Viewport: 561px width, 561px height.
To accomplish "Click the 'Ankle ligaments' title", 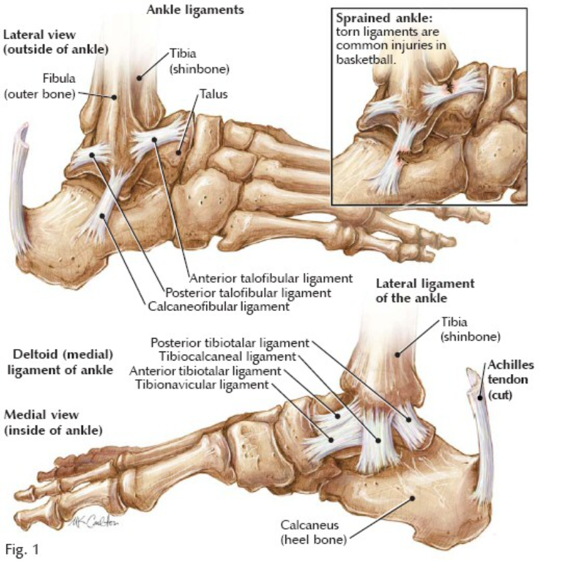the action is click(x=195, y=10).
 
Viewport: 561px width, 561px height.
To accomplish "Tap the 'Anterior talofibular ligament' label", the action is click(x=271, y=278).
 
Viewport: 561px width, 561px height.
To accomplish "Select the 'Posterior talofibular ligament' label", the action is click(x=248, y=293).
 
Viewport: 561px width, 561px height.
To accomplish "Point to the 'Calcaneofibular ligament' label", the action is click(x=218, y=307).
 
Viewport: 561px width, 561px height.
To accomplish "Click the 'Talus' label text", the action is click(x=213, y=94).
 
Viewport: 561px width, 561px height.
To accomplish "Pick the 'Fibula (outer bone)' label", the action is click(x=40, y=86).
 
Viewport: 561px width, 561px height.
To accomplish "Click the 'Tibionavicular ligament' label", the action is click(x=202, y=385).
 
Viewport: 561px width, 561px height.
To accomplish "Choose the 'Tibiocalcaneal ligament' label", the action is click(x=227, y=357).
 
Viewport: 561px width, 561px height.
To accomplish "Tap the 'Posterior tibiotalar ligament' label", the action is click(x=229, y=343).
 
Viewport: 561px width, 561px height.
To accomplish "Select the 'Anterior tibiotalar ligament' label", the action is click(x=206, y=371).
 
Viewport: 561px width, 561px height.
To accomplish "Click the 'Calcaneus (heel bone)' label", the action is click(x=314, y=532).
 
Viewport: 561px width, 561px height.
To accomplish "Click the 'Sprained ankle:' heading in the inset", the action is click(x=384, y=18).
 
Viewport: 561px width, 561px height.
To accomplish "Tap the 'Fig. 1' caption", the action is click(x=22, y=549).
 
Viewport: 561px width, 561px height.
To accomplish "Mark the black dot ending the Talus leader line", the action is click(x=178, y=153).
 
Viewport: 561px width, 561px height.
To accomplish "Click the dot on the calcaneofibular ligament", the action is click(x=103, y=216).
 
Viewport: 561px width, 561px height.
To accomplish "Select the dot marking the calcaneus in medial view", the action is click(x=412, y=497).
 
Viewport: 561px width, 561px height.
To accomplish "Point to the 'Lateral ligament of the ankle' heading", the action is click(x=425, y=291).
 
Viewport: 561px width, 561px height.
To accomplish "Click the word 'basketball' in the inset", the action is click(x=365, y=59).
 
